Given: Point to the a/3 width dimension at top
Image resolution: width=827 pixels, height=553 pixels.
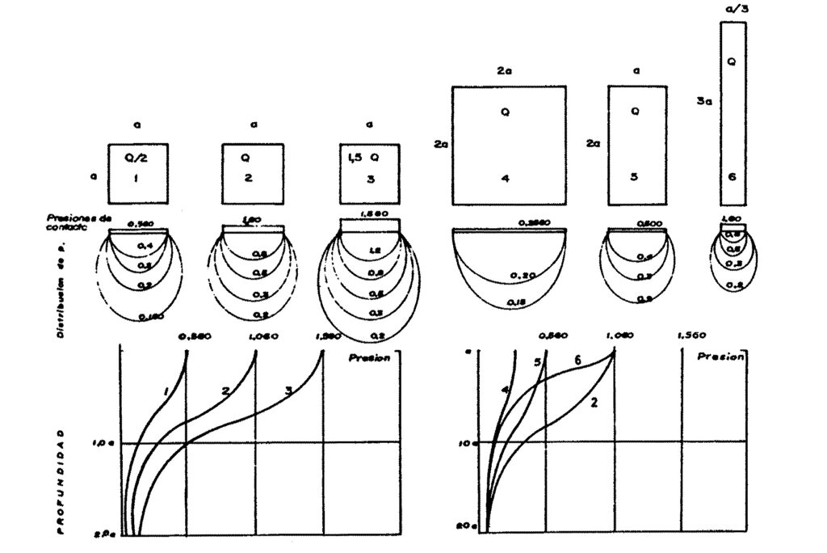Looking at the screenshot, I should point(733,9).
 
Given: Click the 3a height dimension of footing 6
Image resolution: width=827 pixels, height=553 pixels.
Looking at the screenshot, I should point(703,103).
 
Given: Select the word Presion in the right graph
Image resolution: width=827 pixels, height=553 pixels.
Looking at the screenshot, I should point(718,357).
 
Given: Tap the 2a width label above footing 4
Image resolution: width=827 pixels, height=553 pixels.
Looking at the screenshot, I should point(504,71).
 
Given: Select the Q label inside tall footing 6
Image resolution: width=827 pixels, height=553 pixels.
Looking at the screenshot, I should point(732,61).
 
